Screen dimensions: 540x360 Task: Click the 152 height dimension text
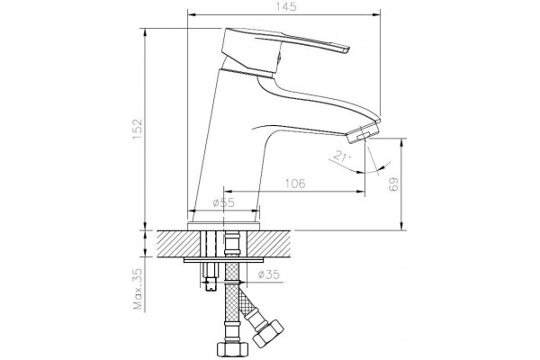coord(137,130)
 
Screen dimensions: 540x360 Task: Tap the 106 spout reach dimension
coord(295,184)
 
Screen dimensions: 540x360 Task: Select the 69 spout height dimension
coord(393,184)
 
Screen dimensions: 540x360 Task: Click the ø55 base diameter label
coord(223,202)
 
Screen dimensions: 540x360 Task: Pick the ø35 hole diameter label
coord(268,274)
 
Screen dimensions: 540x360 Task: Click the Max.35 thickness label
coord(138,289)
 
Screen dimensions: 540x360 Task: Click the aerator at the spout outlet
coord(363,134)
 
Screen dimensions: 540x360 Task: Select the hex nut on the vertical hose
coord(232,348)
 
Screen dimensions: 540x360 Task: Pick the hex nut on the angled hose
coord(268,332)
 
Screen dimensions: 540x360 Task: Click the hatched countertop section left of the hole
coord(179,244)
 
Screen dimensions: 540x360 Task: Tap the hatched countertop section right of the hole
coord(269,244)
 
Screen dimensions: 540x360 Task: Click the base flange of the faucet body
coord(224,226)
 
